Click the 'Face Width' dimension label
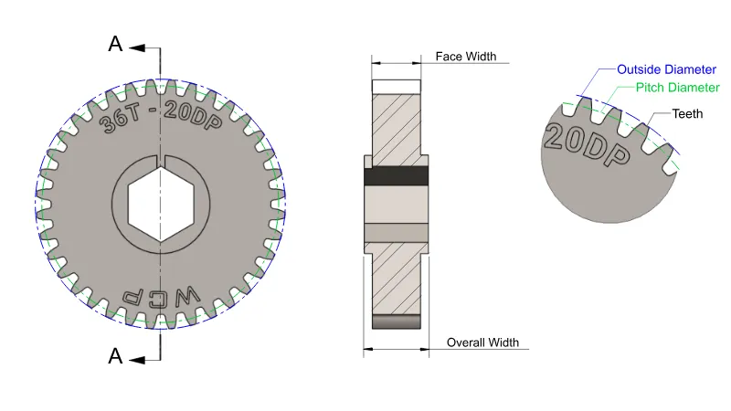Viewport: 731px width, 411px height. [x=465, y=57]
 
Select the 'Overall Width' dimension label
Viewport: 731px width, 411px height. [x=482, y=342]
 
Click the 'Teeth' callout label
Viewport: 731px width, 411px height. [x=687, y=114]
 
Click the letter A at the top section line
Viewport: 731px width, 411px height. [x=114, y=43]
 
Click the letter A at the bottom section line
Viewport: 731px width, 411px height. [x=114, y=356]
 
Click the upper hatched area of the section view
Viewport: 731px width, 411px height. [x=396, y=122]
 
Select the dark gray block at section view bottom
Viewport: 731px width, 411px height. [x=396, y=321]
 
